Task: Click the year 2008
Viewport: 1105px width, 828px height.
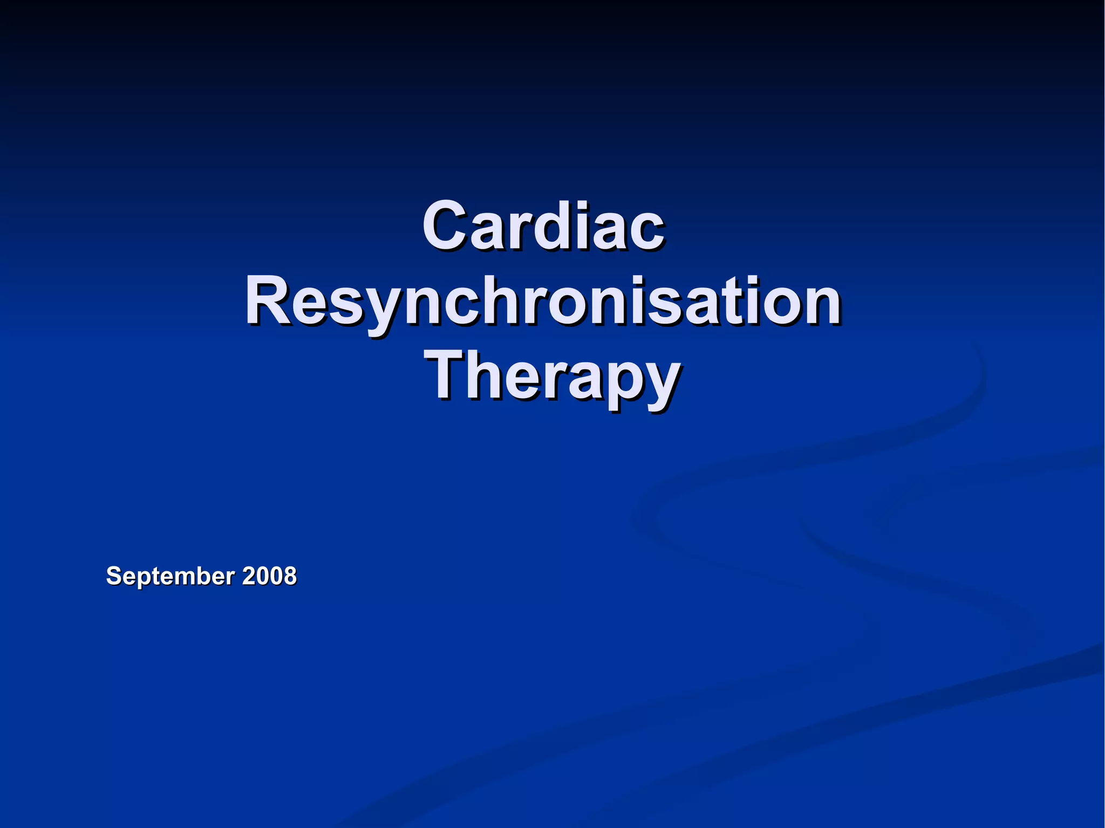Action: pyautogui.click(x=269, y=576)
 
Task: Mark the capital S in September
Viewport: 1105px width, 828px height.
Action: pyautogui.click(x=113, y=576)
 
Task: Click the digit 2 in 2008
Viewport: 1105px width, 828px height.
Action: pyautogui.click(x=249, y=576)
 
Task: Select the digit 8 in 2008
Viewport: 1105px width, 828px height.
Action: pyautogui.click(x=290, y=576)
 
